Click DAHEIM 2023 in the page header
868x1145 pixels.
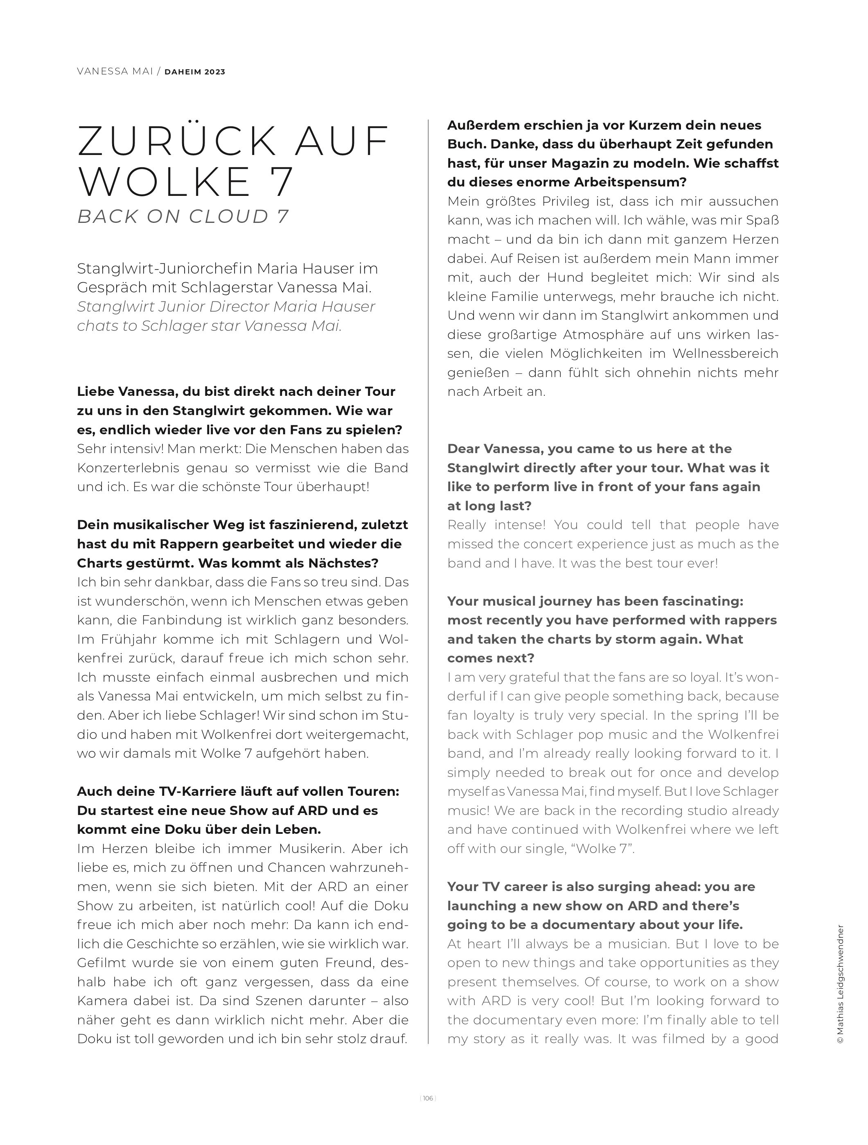pyautogui.click(x=195, y=72)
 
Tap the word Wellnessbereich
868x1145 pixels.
pyautogui.click(x=725, y=354)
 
